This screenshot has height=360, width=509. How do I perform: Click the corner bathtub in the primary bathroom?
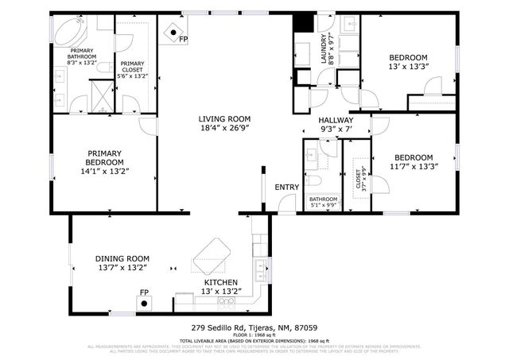(67, 32)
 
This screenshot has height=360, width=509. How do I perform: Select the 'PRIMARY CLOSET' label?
(133, 69)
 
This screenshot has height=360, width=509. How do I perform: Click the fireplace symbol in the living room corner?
(171, 33)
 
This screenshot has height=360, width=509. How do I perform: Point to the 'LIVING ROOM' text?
(224, 119)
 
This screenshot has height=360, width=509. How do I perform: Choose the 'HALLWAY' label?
(336, 120)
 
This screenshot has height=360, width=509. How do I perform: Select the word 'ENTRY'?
(286, 187)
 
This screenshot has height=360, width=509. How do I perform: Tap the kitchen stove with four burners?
(185, 300)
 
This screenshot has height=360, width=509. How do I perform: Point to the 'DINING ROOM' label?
(122, 258)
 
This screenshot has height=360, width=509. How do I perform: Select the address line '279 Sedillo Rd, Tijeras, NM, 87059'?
(254, 327)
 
